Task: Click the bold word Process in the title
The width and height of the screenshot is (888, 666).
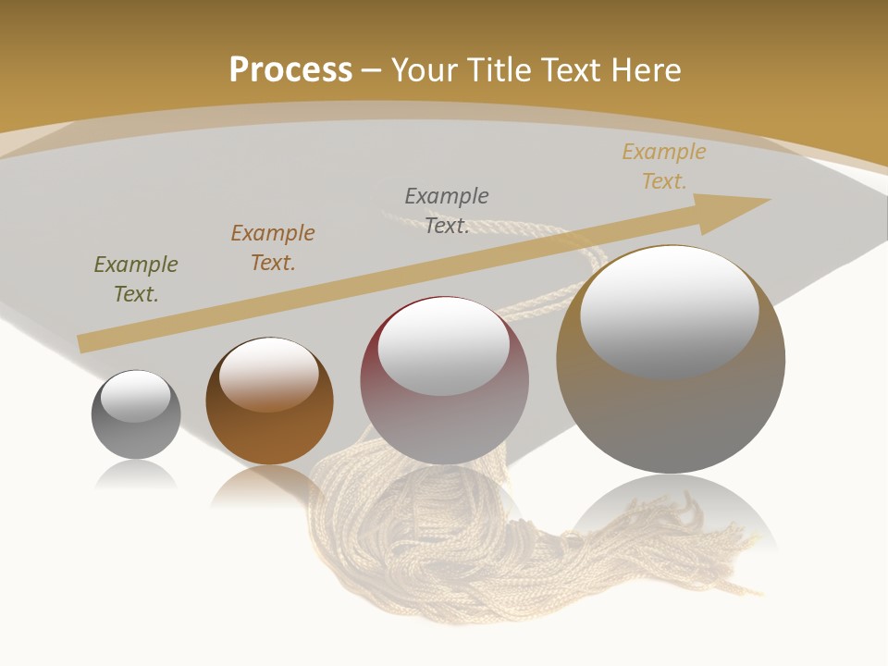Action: tap(290, 70)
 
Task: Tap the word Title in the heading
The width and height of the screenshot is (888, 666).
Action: tap(499, 70)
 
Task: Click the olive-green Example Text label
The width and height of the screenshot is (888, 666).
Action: tap(136, 279)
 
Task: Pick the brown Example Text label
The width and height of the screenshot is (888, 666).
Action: tap(273, 248)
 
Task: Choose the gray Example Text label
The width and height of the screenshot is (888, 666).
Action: tap(447, 210)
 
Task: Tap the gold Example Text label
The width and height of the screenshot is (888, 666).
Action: tap(664, 166)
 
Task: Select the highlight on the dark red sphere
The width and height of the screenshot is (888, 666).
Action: tap(443, 348)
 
